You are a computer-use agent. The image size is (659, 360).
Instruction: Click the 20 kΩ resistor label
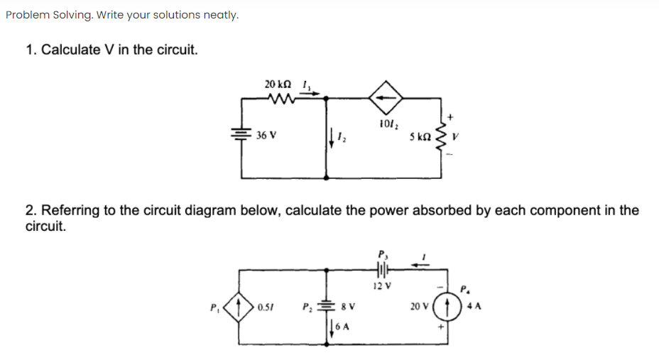click(x=276, y=84)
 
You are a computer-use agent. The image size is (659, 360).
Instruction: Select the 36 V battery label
click(x=266, y=134)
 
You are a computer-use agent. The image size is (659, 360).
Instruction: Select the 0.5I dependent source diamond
click(x=240, y=307)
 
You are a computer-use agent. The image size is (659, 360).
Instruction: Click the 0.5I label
click(x=267, y=307)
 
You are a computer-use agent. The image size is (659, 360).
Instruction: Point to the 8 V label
click(x=349, y=307)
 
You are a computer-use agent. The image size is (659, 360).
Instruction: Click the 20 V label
click(x=419, y=307)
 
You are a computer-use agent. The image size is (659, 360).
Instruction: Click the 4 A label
click(x=474, y=307)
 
